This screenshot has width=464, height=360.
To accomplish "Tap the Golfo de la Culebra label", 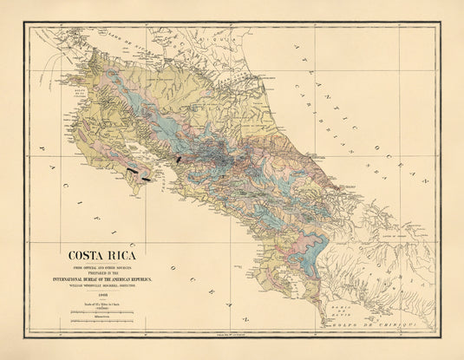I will [x=54, y=88].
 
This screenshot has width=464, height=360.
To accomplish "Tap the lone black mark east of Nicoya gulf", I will [x=179, y=159].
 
